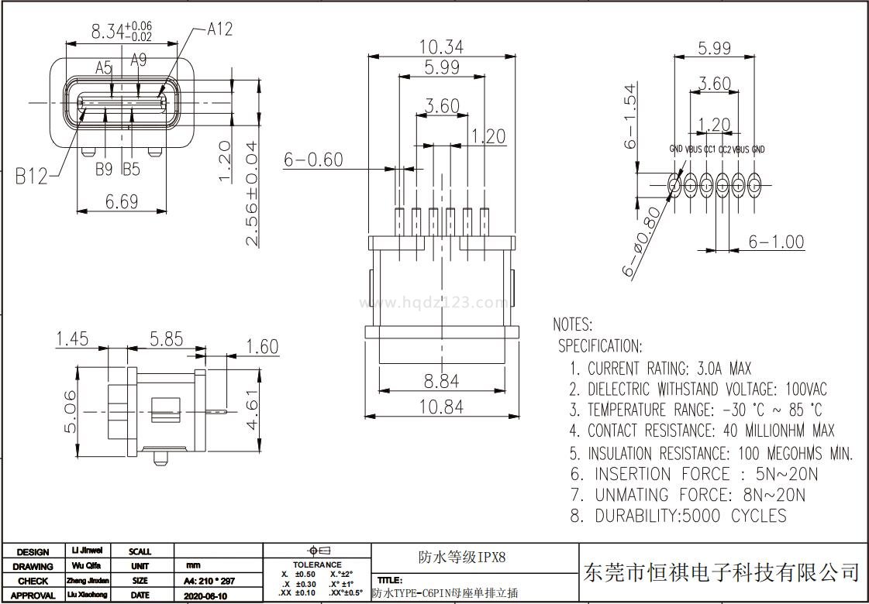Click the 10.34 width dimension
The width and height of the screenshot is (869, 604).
click(441, 46)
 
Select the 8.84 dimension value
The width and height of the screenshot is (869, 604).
click(441, 380)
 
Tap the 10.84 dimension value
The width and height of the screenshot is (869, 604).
click(441, 406)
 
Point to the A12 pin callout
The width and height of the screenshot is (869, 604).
click(219, 29)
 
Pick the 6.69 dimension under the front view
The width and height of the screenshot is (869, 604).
click(122, 201)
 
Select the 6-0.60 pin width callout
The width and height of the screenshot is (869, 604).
click(313, 160)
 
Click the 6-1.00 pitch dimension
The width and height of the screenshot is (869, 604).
click(776, 242)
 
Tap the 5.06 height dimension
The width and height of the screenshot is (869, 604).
click(71, 411)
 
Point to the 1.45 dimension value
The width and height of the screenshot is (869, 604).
click(72, 339)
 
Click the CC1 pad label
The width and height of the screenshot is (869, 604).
click(709, 149)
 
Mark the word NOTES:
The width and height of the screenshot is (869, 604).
click(573, 324)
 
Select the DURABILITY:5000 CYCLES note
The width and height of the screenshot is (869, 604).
click(678, 516)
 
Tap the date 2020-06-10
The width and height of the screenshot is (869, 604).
click(205, 596)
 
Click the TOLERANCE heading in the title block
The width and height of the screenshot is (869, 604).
click(317, 565)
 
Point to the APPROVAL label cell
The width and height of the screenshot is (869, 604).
click(33, 595)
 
